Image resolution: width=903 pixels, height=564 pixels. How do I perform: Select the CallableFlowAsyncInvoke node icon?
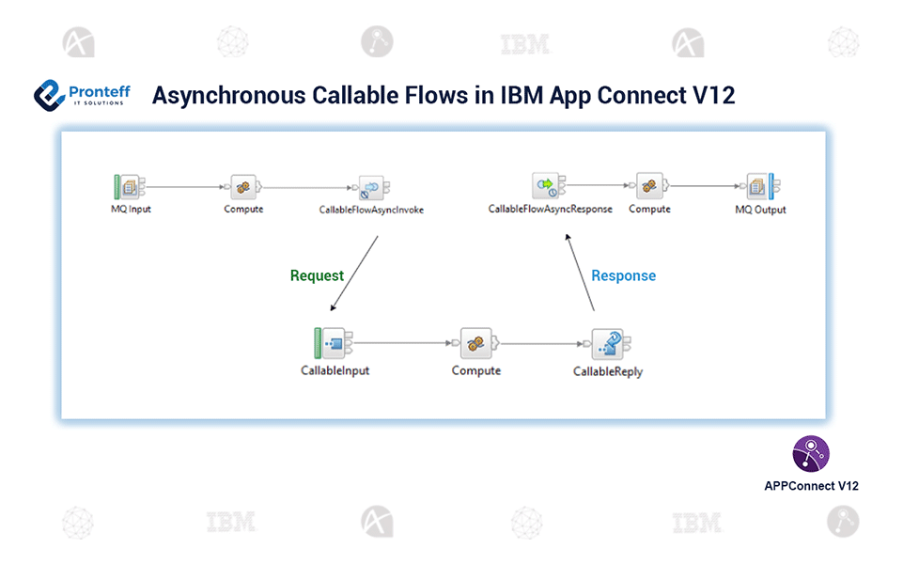372,187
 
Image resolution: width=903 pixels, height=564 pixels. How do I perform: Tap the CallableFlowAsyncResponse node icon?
547,185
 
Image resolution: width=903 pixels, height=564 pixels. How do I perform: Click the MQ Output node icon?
760,186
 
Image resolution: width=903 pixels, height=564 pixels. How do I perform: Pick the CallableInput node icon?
334,344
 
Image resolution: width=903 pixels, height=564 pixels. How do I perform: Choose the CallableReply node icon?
607,345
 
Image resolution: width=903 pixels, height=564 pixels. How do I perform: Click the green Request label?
317,275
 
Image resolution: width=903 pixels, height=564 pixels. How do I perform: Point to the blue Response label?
623,275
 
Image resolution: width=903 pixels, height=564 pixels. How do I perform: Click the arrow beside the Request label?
354,274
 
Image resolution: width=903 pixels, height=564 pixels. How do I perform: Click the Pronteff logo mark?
49,95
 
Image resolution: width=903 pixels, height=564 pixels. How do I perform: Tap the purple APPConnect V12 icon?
811,453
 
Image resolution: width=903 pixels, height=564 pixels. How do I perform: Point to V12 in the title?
714,96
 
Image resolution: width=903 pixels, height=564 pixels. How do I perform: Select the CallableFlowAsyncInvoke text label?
371,210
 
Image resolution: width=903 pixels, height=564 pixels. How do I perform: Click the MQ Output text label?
760,210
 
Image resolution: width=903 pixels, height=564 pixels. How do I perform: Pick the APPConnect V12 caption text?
811,486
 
